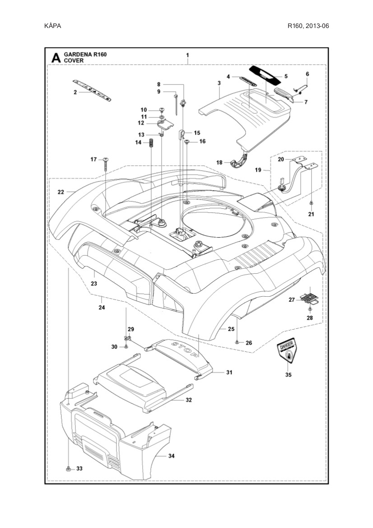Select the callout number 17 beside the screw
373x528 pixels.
(93, 159)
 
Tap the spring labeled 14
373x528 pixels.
(152, 146)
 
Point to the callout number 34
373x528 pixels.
(171, 456)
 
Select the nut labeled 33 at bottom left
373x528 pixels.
(67, 468)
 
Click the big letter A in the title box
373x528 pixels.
(56, 57)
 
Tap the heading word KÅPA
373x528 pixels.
(52, 26)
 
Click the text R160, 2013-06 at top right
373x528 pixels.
(308, 26)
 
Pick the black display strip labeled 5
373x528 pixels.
(266, 73)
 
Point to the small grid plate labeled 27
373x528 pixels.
(311, 296)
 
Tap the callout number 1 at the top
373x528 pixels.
(187, 55)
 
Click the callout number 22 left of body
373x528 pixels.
(61, 192)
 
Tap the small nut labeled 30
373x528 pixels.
(126, 346)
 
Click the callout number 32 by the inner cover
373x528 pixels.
(189, 400)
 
